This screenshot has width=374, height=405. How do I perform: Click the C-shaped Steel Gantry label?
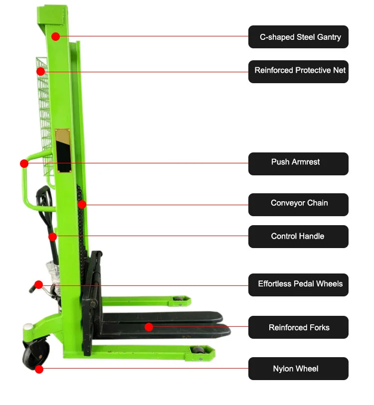(x=298, y=37)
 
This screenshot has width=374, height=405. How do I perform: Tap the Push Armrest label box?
(x=298, y=163)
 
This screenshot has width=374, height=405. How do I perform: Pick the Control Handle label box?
(x=298, y=237)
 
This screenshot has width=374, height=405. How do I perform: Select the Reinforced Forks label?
(x=298, y=327)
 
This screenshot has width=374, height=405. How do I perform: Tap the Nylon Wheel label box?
(x=298, y=369)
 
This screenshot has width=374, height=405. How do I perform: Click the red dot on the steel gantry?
(x=55, y=36)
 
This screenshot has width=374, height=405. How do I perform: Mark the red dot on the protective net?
(x=40, y=72)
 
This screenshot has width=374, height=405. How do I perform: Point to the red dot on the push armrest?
(x=24, y=163)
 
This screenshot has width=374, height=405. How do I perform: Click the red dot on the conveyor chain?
(x=82, y=204)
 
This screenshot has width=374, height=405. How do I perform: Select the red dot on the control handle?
(x=52, y=237)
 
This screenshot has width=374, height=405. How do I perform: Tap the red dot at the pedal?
(x=38, y=284)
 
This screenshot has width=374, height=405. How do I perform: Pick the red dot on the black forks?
(x=148, y=327)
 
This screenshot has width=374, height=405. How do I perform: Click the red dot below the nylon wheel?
(x=39, y=369)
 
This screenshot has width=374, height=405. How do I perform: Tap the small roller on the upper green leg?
(x=178, y=301)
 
